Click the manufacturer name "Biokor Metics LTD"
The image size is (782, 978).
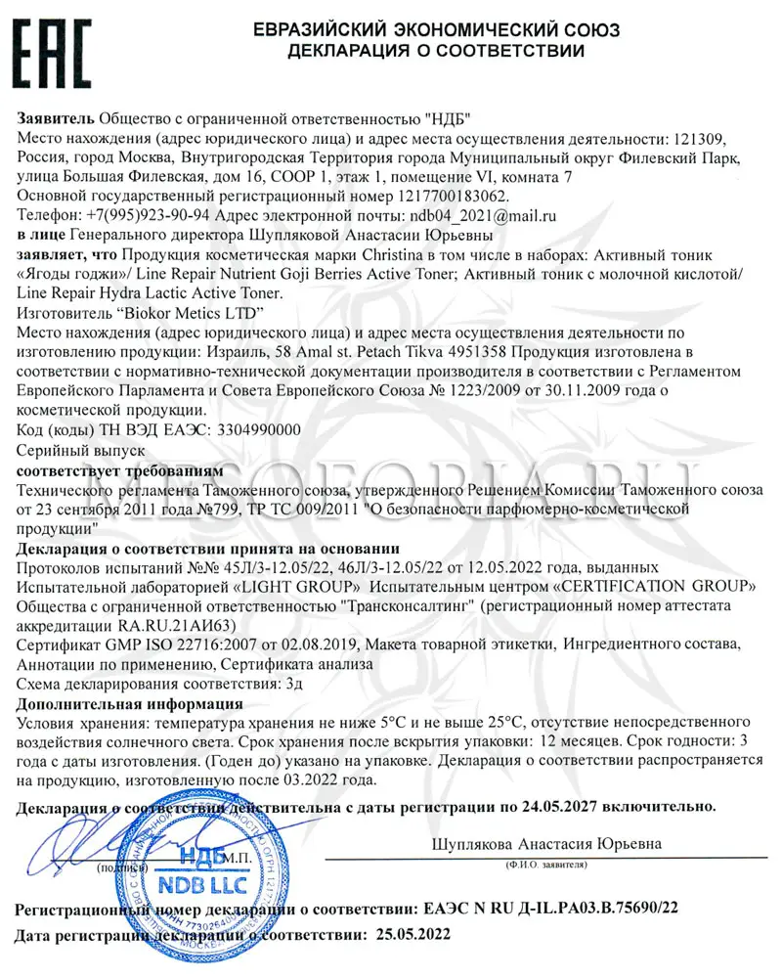191,313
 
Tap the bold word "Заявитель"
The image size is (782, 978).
57,120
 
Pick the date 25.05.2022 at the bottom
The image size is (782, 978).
413,934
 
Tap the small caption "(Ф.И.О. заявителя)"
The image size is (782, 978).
546,866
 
